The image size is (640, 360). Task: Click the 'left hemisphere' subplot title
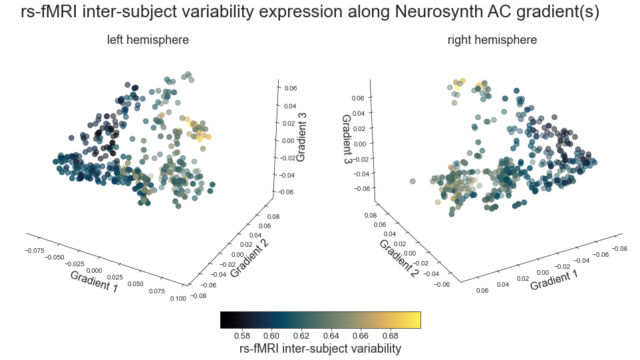point(148,40)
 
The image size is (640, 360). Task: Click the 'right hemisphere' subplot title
point(492,40)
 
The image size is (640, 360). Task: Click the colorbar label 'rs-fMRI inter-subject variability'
point(319,349)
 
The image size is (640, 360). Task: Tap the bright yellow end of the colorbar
point(416,319)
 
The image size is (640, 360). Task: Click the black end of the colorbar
point(224,319)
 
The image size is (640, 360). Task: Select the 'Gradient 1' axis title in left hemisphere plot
point(94,281)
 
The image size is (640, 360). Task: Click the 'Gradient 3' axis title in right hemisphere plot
point(347,140)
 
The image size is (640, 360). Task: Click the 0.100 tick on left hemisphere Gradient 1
point(178,299)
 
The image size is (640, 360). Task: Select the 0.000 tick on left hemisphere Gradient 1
point(94,270)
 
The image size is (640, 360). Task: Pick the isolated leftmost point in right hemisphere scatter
point(412,181)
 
